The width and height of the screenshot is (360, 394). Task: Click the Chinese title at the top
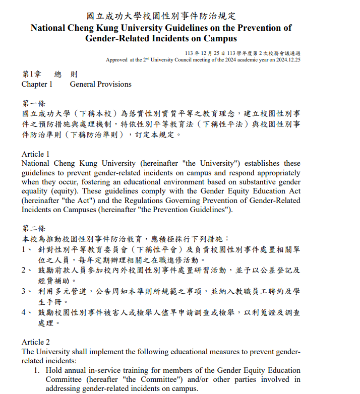coord(161,16)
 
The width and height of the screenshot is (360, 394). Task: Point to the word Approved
coord(116,59)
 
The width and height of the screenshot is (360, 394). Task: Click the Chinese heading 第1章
coord(31,74)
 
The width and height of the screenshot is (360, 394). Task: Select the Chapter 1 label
coord(37,84)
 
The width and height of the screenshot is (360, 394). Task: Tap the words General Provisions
coord(101,84)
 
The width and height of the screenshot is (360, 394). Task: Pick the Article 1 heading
coord(35,154)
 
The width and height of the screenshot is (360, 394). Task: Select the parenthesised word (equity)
coord(64,191)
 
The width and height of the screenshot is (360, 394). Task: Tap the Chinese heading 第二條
coord(34,228)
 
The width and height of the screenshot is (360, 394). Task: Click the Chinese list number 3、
coord(26,291)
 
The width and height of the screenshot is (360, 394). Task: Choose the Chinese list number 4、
coord(26,312)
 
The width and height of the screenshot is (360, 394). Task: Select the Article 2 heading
coord(35,342)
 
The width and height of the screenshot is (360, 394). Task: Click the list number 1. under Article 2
coord(36,370)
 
